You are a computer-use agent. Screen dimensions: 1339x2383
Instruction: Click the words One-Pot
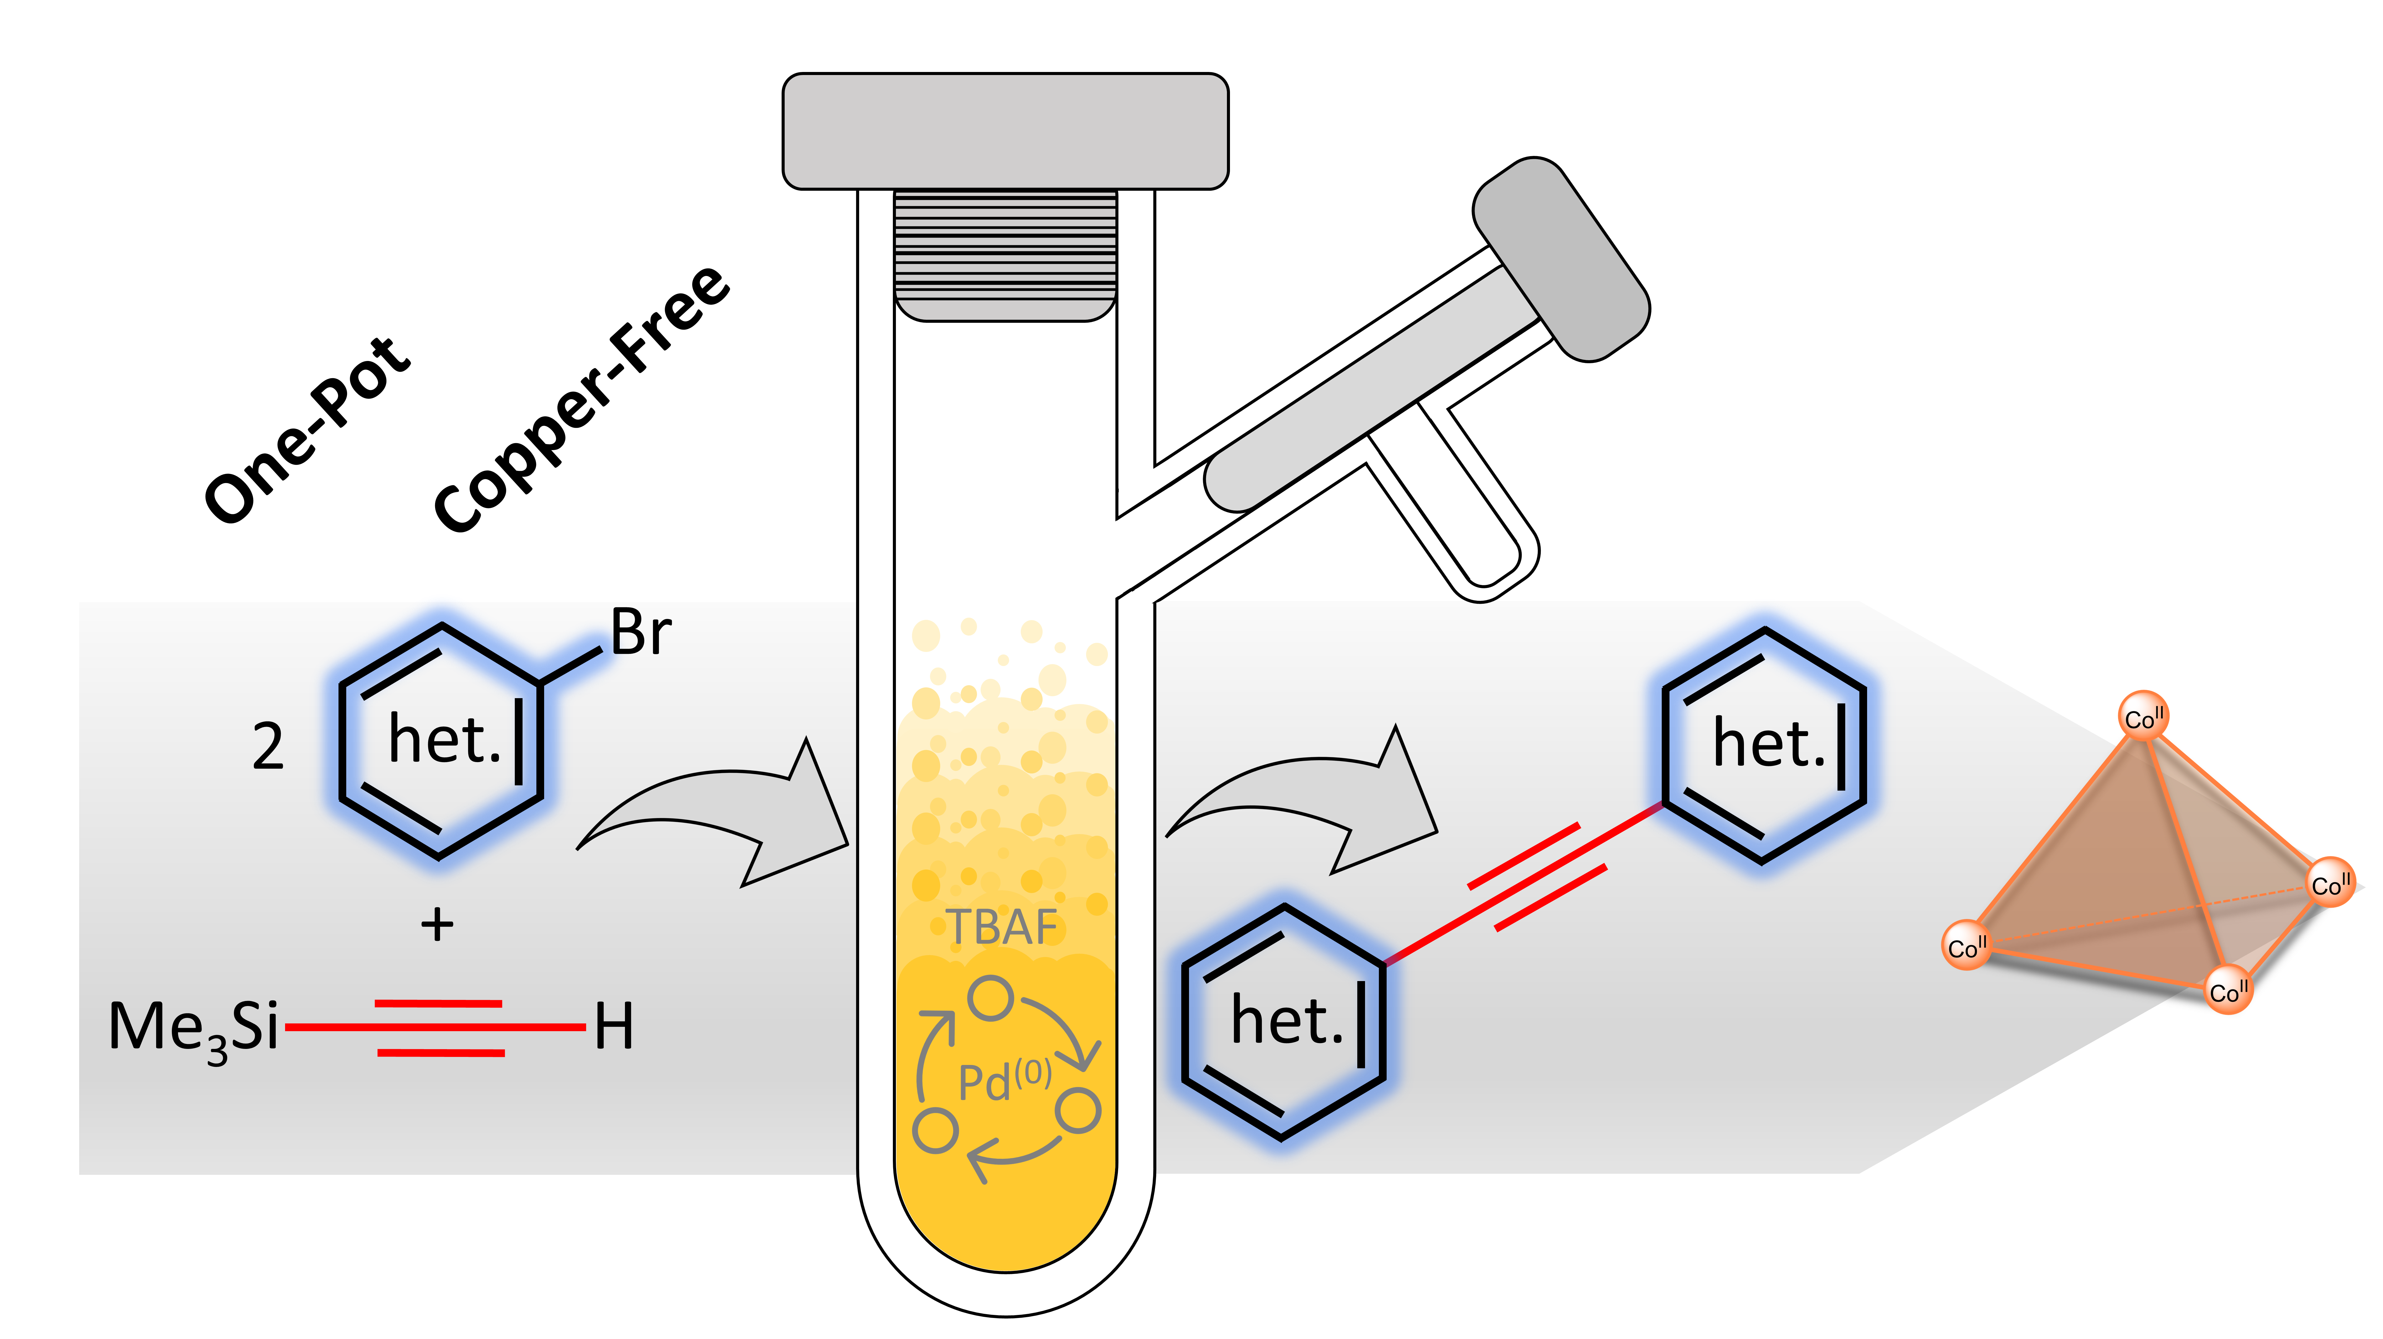click(x=307, y=430)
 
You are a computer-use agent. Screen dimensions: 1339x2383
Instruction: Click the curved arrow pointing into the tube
click(x=712, y=814)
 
